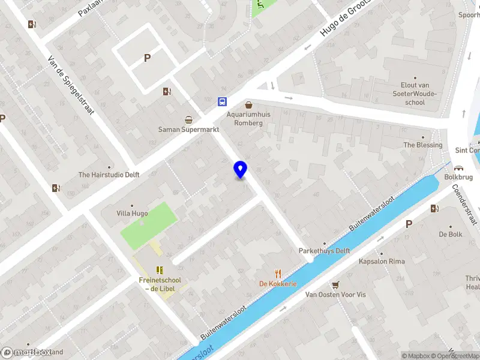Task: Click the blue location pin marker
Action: [x=240, y=170]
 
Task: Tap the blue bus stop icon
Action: [x=222, y=101]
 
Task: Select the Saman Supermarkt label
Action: [x=188, y=129]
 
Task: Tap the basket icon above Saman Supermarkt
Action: [x=188, y=118]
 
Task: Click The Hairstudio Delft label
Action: [x=109, y=175]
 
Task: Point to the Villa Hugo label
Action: [x=132, y=213]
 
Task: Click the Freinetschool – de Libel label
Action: [x=160, y=284]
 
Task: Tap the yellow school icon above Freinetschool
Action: [x=160, y=270]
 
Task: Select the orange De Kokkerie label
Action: [x=278, y=284]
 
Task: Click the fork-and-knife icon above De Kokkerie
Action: [x=278, y=272]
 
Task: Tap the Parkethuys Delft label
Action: [x=325, y=251]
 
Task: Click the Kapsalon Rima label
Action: [x=381, y=262]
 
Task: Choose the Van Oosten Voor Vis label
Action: [x=335, y=295]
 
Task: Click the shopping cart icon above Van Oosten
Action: [x=335, y=284]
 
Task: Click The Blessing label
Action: [x=422, y=145]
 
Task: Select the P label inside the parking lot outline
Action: [x=147, y=58]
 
